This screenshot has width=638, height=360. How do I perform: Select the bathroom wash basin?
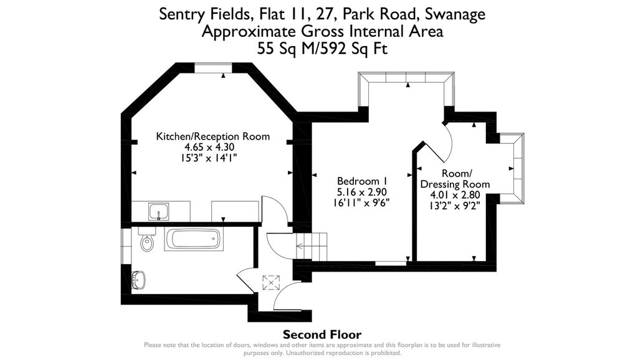click(x=140, y=279)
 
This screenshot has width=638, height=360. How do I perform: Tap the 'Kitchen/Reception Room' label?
click(x=212, y=136)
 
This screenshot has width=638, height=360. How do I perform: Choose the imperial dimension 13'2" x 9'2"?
click(x=455, y=205)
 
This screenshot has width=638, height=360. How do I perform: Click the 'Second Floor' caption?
click(x=322, y=334)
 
